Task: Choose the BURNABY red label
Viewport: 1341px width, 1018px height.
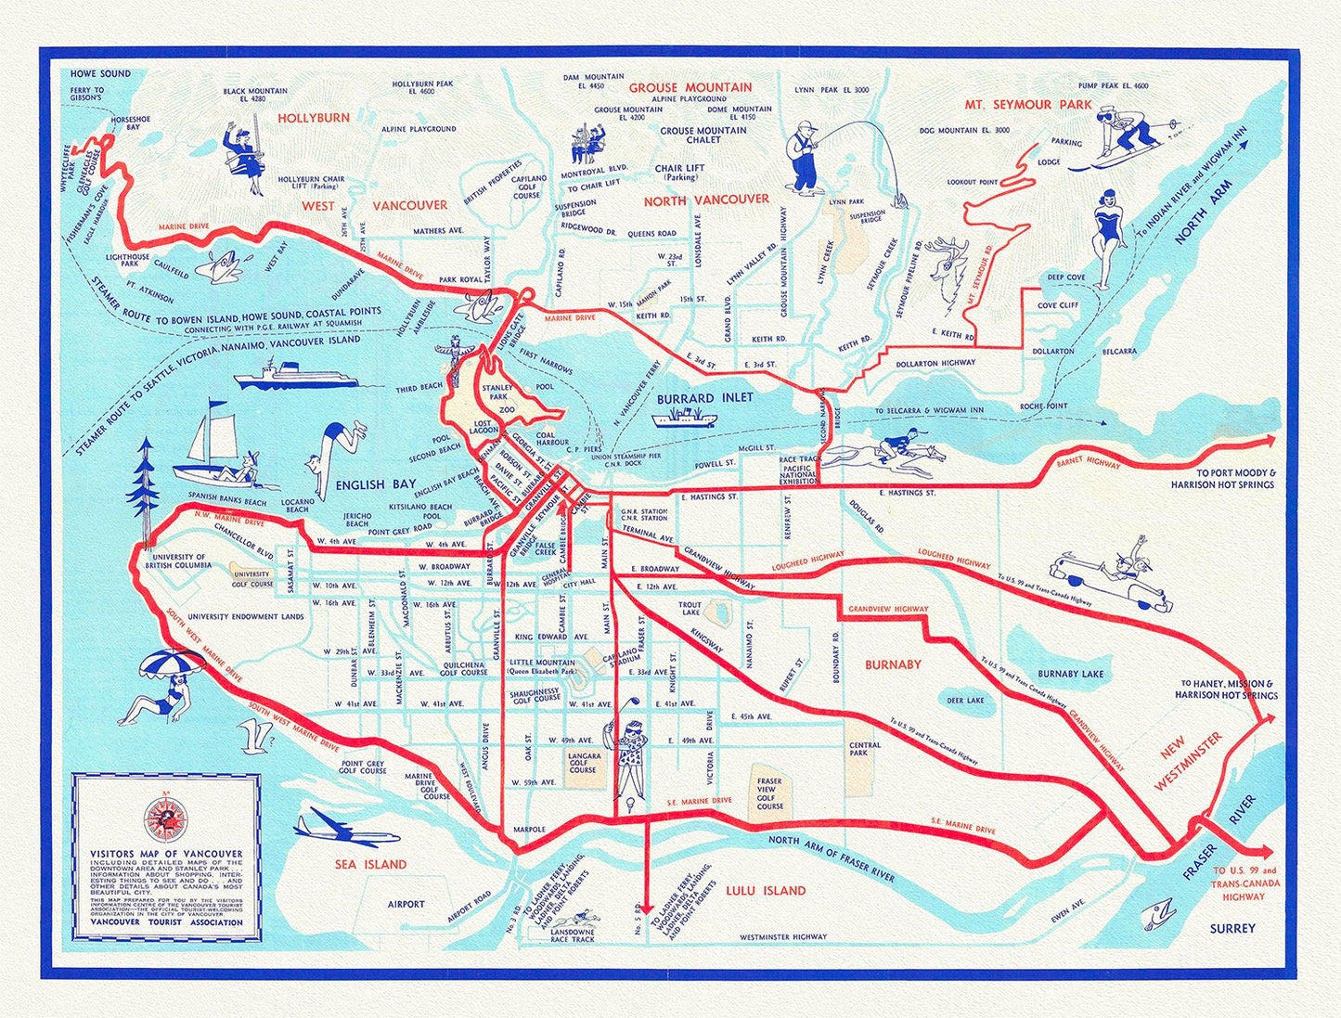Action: point(893,664)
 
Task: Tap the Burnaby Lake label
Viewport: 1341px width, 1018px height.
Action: point(1071,674)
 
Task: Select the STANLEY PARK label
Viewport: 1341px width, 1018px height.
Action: point(498,393)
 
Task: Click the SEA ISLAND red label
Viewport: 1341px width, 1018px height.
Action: point(370,864)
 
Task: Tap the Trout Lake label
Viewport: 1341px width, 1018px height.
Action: point(690,609)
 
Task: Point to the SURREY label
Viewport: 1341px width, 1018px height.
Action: point(1232,928)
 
